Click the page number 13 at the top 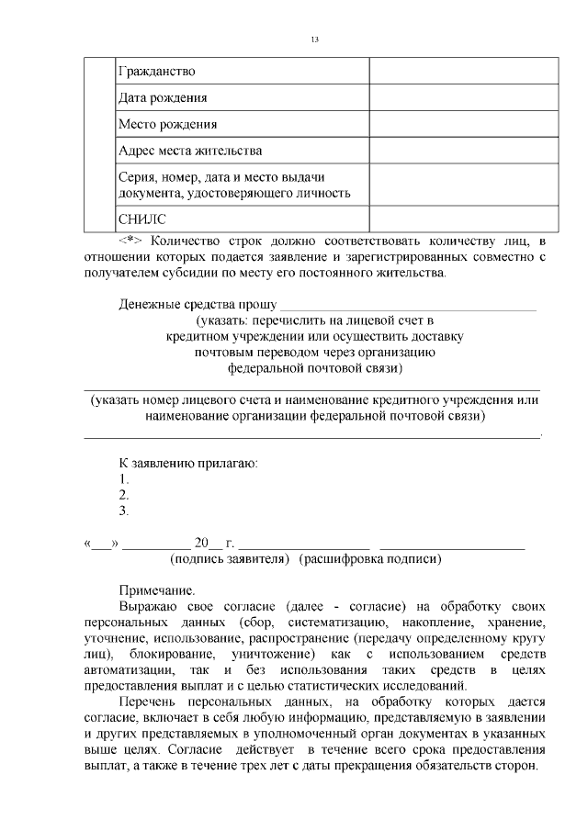(x=315, y=40)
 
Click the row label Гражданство (x=157, y=71)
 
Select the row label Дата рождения (x=163, y=97)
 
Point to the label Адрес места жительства (x=190, y=150)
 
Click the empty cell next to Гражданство (x=463, y=71)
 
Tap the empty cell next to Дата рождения (x=463, y=97)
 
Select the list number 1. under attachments (x=124, y=478)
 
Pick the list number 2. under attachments (x=124, y=495)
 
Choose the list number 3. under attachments (x=124, y=511)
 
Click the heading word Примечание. (x=157, y=590)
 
